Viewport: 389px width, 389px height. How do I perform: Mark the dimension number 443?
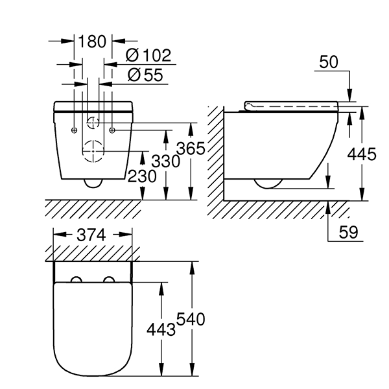(161, 329)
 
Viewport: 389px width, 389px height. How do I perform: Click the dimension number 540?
(192, 319)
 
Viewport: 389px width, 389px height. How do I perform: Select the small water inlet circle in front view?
(93, 121)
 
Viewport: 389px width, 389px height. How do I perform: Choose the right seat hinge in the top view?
(108, 280)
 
